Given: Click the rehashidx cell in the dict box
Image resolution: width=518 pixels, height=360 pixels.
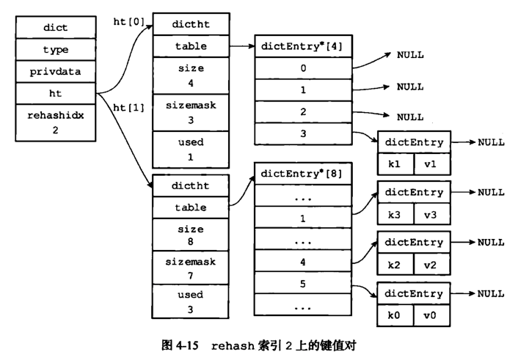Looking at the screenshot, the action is tap(56, 122).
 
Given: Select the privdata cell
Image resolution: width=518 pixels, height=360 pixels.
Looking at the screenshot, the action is tap(56, 71).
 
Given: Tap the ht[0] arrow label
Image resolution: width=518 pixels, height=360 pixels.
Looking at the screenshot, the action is tap(129, 22).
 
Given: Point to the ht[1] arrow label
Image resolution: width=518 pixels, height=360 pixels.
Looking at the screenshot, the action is tap(129, 108).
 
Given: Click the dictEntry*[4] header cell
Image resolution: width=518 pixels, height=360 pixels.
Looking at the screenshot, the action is tap(303, 46).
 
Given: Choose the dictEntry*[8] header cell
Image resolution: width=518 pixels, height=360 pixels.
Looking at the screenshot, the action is tap(302, 174).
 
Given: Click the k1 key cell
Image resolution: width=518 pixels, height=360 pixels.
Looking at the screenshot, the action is tap(395, 164).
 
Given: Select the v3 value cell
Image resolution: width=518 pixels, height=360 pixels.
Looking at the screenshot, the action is tap(431, 215).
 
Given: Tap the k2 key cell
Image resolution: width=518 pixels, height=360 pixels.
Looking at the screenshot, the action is tap(395, 265).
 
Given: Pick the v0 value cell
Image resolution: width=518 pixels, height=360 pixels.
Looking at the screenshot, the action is tap(431, 315).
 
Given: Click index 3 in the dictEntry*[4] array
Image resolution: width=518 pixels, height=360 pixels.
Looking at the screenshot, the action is tap(303, 133).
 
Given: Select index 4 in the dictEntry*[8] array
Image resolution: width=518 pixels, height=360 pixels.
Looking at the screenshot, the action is tap(302, 262).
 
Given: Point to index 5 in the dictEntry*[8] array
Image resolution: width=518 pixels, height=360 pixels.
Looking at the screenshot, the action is tap(302, 283).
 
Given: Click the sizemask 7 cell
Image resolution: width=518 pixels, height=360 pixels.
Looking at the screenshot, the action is tap(190, 268).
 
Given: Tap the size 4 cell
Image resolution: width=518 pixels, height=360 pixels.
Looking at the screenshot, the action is tap(191, 76).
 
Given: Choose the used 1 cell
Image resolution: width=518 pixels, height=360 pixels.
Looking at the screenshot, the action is tap(191, 150).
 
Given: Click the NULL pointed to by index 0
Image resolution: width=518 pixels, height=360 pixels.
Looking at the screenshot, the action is tap(410, 55).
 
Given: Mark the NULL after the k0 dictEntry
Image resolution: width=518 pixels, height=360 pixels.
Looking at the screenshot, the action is tap(491, 293).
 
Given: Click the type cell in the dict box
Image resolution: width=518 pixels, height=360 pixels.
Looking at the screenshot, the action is tap(56, 50).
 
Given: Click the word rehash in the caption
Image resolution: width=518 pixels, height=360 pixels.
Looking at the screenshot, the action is tap(233, 346).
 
